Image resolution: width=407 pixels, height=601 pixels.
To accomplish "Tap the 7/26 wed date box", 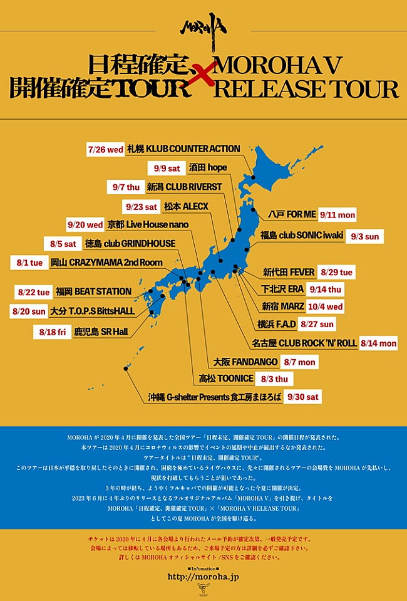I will coord(105,149).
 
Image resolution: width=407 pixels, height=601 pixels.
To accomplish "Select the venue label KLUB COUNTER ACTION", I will coord(184,149).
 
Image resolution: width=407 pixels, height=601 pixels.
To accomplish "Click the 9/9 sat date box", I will coord(165,169).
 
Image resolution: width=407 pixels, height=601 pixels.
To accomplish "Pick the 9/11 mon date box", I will coord(337,215).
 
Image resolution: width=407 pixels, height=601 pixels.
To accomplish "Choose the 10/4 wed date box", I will coord(325,306).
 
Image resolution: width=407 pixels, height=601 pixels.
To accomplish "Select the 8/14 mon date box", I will coord(378,343).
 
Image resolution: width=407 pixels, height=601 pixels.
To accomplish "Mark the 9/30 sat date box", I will coord(303,397).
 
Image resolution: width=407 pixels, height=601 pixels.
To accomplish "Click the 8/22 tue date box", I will coord(34,291).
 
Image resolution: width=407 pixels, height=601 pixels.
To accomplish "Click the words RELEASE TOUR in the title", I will coord(306,88).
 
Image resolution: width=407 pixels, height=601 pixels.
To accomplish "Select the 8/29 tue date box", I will coord(337,273).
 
